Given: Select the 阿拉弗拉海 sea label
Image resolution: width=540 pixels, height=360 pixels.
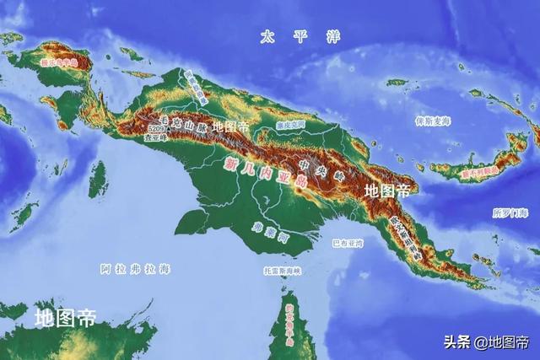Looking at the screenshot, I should tap(135, 269).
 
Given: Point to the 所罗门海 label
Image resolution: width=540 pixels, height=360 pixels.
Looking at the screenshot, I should tap(510, 213).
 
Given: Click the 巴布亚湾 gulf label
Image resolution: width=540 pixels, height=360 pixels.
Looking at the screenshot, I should tap(348, 243).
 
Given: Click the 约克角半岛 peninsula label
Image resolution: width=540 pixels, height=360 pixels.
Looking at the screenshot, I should tap(290, 320).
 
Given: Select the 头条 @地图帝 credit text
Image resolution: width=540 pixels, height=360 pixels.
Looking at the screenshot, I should tap(488, 341).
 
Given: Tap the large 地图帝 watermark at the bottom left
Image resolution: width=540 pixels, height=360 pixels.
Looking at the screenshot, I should tap(65, 318).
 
